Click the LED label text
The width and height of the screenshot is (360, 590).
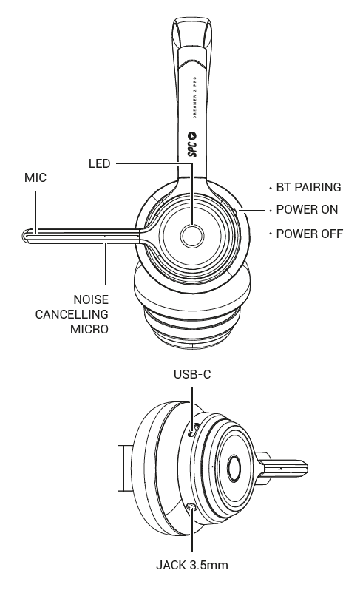click(99, 163)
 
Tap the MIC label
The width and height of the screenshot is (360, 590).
click(35, 177)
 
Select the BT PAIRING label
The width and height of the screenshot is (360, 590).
click(308, 187)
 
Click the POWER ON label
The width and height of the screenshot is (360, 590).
click(307, 209)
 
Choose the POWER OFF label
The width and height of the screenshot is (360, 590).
click(310, 234)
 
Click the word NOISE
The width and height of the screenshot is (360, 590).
click(91, 300)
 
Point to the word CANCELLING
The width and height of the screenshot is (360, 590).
click(72, 314)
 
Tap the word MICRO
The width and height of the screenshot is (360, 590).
click(89, 329)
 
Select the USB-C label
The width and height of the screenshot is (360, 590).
click(192, 374)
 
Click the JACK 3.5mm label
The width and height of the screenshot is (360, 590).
click(192, 565)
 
